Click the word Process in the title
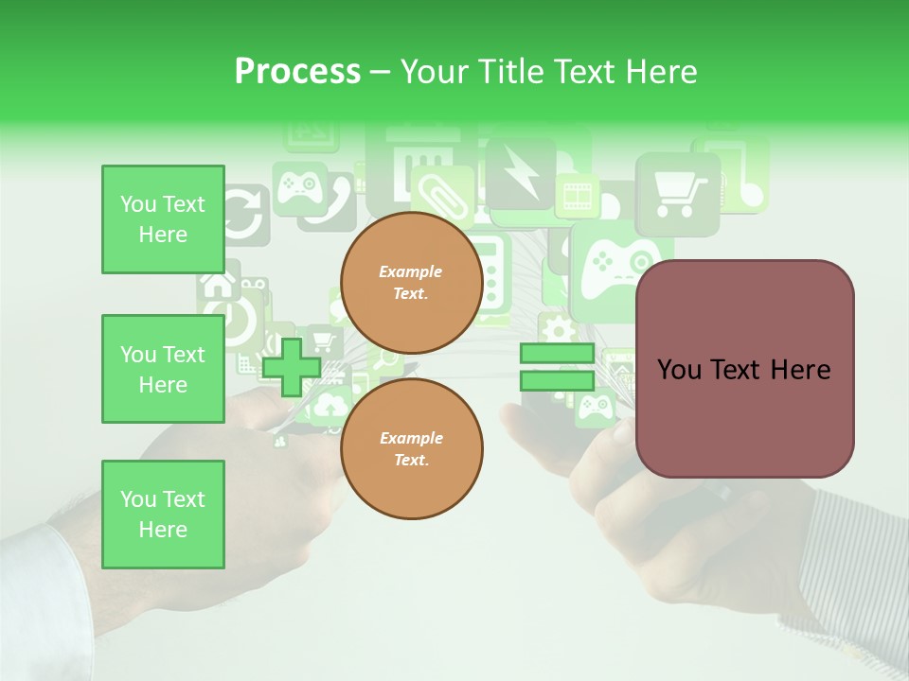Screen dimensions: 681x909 coord(297,71)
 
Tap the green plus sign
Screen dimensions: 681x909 coord(291,367)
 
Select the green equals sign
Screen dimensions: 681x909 coord(557,367)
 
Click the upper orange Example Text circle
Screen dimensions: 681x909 coord(411,282)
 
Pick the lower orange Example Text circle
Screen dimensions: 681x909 coord(411,448)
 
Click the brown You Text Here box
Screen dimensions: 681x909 coord(744,369)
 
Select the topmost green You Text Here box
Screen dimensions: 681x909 coord(163,219)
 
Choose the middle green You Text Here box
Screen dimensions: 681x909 coord(163,369)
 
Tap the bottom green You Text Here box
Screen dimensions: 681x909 coord(163,515)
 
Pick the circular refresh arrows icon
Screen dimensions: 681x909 coord(244,216)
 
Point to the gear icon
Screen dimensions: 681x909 coord(559,330)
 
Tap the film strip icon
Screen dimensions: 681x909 coord(577,196)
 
